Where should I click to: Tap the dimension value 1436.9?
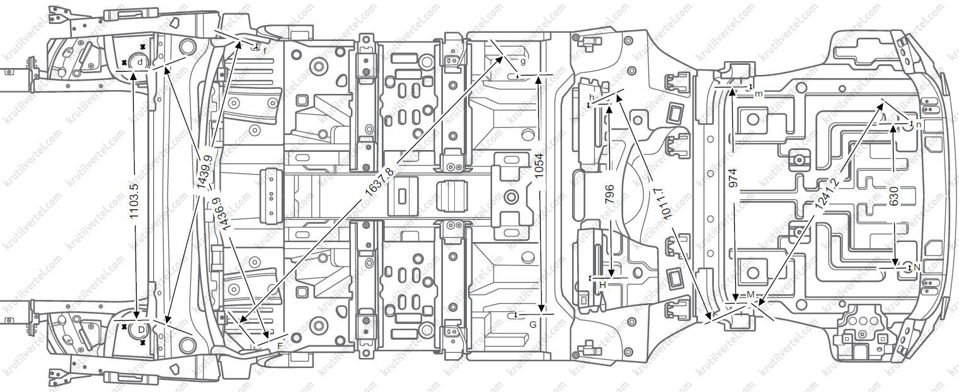tap(219, 216)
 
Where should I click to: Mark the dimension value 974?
tap(732, 178)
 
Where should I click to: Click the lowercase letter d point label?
tap(140, 62)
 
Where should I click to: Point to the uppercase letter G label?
tap(533, 325)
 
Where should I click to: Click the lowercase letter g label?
tap(522, 61)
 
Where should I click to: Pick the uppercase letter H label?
tap(602, 285)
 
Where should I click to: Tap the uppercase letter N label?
tap(917, 268)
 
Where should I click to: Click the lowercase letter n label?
tap(918, 125)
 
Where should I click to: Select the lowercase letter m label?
tap(758, 94)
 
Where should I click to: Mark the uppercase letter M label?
tap(750, 295)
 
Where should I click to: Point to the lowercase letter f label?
tap(265, 50)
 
